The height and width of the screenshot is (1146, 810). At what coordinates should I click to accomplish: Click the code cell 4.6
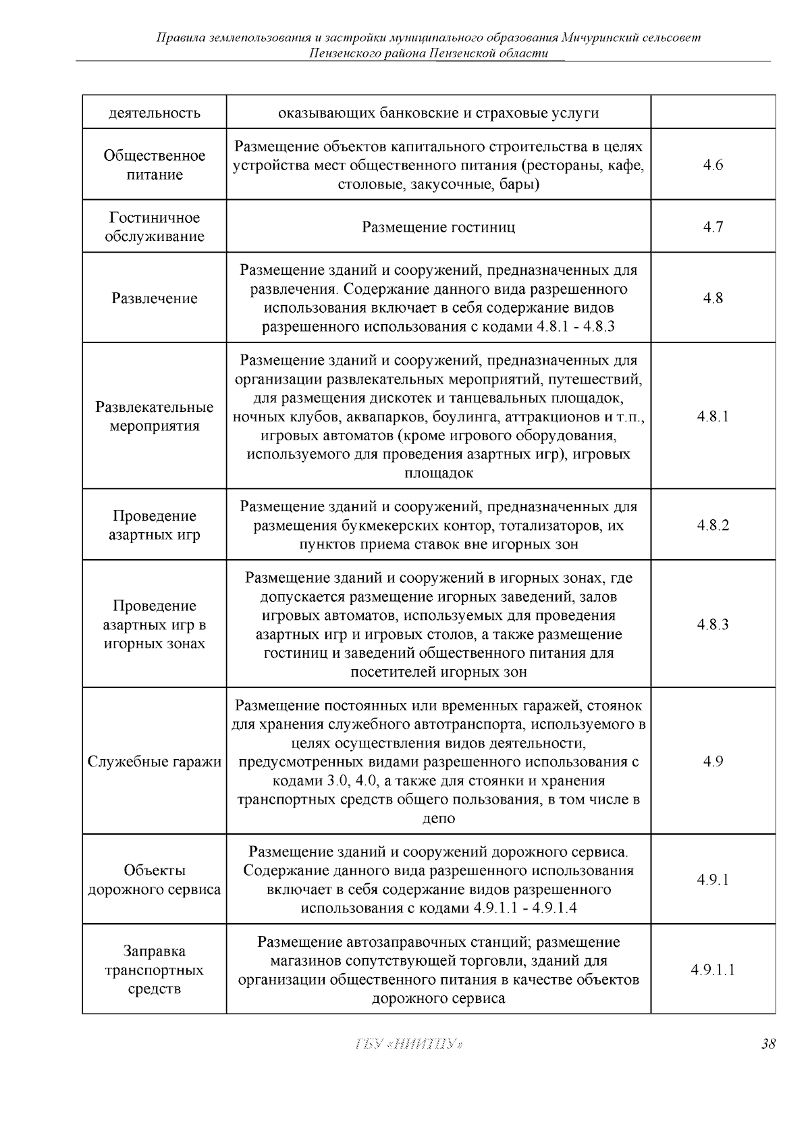[713, 165]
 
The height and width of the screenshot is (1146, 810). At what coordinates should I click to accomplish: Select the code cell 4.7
[713, 227]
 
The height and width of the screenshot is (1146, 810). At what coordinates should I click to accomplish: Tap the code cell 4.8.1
[713, 417]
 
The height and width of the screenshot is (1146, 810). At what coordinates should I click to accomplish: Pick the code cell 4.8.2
[713, 525]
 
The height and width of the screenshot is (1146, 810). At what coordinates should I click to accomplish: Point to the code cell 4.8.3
[713, 625]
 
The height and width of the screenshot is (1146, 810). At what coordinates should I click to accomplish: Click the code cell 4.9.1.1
[713, 970]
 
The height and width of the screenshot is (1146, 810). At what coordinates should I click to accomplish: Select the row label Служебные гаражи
[155, 762]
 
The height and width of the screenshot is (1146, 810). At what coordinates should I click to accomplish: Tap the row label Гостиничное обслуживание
[155, 227]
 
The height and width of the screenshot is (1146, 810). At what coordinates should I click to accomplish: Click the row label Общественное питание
[155, 165]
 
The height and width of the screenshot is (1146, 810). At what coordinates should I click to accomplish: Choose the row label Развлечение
[155, 298]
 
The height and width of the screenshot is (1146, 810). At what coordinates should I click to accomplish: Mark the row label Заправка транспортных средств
[155, 970]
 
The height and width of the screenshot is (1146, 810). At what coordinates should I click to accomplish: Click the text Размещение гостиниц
[438, 227]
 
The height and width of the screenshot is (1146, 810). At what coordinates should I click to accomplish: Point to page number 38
[767, 1044]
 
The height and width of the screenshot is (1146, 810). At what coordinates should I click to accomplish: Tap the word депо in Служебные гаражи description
[439, 818]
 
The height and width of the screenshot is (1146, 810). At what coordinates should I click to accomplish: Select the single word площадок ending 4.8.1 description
[439, 473]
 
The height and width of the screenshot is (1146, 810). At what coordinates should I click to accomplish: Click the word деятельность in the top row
[155, 113]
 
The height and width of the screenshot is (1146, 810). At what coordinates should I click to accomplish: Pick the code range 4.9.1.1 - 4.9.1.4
[525, 908]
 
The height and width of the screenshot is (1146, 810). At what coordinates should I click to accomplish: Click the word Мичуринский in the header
[601, 37]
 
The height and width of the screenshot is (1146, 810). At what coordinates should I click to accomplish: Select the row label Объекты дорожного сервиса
[155, 880]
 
